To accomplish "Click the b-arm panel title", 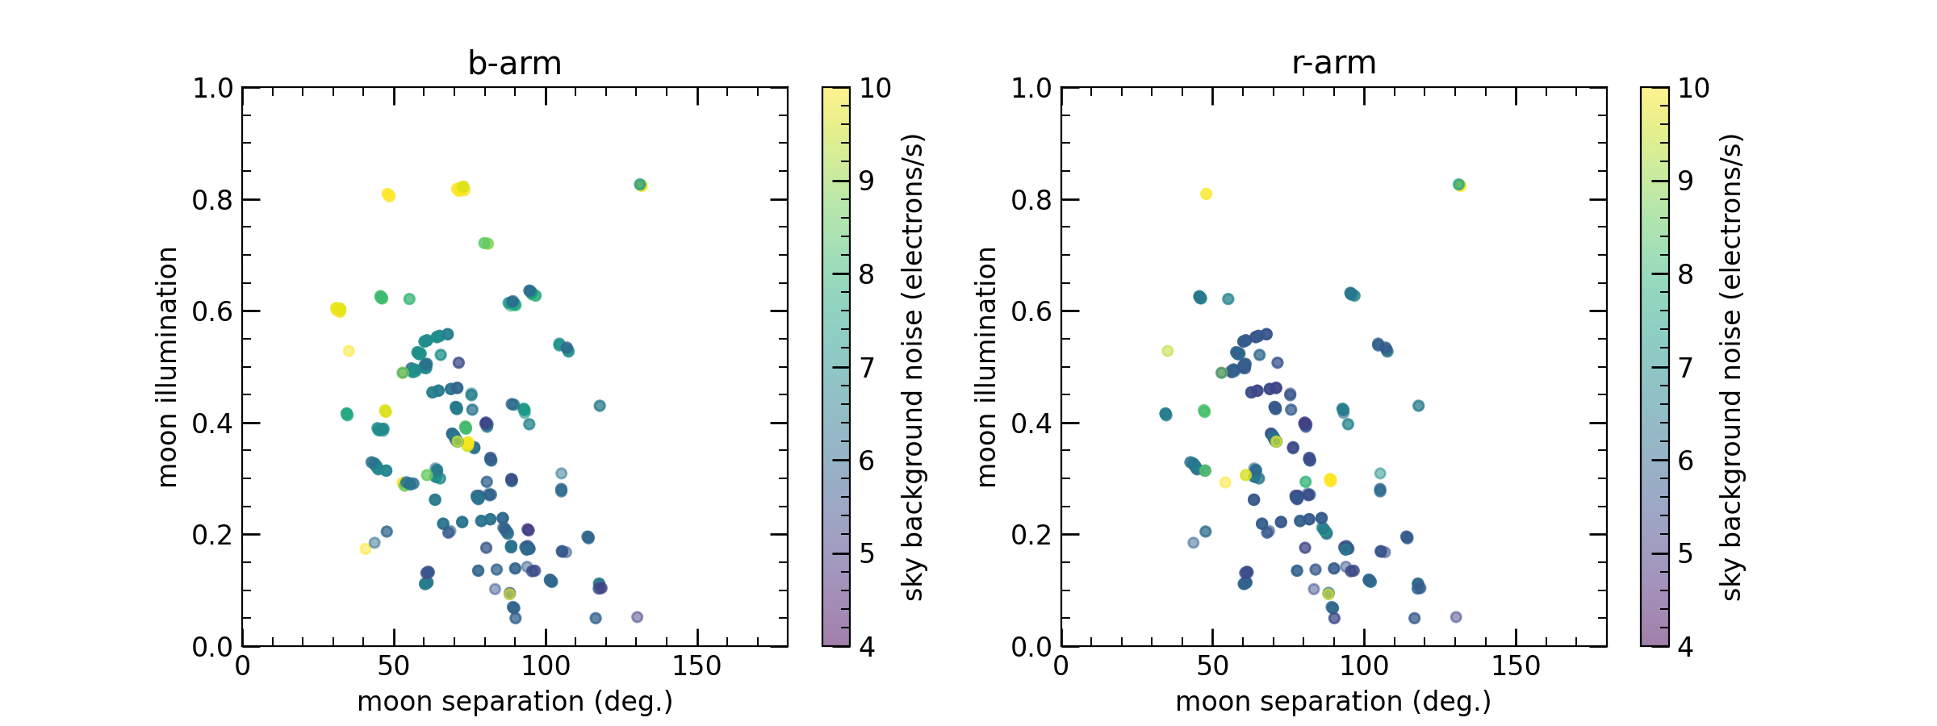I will click(x=514, y=63).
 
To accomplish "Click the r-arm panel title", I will click(x=1333, y=63).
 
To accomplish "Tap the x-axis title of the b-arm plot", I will click(x=514, y=702).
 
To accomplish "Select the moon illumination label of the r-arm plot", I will click(x=986, y=367).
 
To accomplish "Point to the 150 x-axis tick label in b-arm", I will click(x=697, y=666).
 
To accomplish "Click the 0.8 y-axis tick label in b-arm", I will click(x=212, y=200).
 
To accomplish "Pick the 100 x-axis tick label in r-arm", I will click(x=1364, y=666).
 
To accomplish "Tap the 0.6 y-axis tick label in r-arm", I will click(x=1031, y=311).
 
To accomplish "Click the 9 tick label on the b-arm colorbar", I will click(x=867, y=181).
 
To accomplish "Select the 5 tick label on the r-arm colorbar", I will click(x=1685, y=553).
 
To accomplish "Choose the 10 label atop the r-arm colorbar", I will click(x=1693, y=88).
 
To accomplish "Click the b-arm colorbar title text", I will click(x=913, y=367).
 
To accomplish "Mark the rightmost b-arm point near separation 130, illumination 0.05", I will click(x=637, y=617).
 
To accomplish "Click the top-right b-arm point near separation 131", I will click(x=640, y=185).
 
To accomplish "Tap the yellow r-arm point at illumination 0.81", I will click(x=1206, y=194).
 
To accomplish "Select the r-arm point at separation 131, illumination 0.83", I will click(x=1459, y=185).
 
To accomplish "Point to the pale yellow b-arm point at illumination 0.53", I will click(x=349, y=351).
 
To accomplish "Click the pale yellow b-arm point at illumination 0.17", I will click(x=365, y=549).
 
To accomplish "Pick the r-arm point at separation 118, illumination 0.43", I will click(x=1418, y=406).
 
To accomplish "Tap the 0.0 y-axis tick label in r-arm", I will click(x=1031, y=647).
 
